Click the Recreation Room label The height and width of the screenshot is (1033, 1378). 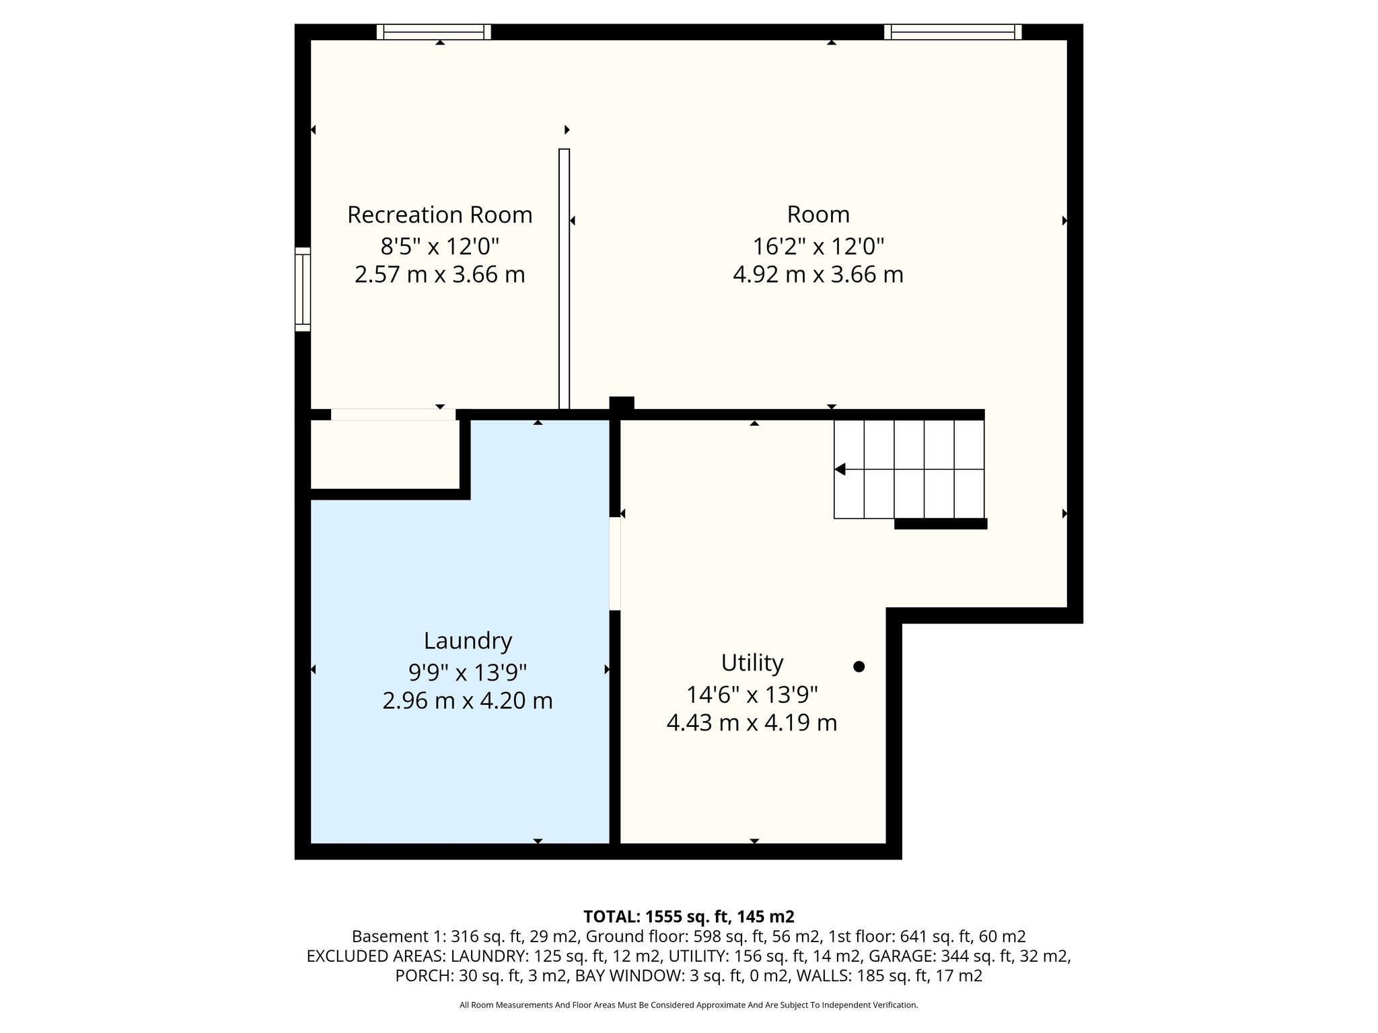click(x=439, y=215)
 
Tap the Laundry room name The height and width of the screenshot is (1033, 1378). click(x=468, y=641)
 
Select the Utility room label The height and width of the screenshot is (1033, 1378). click(x=752, y=663)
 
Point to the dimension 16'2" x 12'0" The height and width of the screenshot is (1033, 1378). click(x=818, y=246)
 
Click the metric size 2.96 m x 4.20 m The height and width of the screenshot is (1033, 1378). click(x=468, y=701)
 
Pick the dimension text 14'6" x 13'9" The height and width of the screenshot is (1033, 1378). click(x=752, y=694)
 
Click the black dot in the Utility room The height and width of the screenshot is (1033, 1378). click(x=859, y=666)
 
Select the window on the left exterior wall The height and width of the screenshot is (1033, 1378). click(x=303, y=289)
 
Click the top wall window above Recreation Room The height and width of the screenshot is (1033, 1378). click(x=434, y=32)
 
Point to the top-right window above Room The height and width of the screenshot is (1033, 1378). click(x=953, y=32)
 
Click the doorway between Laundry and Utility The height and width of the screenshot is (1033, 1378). click(x=615, y=564)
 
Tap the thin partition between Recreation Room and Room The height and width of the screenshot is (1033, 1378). click(x=564, y=279)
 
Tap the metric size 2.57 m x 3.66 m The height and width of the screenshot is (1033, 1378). click(x=439, y=274)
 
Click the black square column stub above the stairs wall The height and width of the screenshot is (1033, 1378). click(x=622, y=404)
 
